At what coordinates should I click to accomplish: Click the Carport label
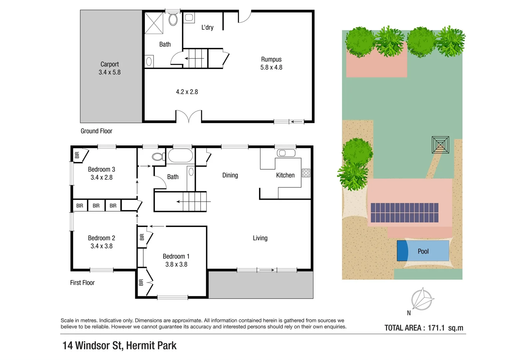click(110, 64)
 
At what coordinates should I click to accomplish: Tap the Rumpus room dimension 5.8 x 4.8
click(271, 67)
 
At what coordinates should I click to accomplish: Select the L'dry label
click(207, 28)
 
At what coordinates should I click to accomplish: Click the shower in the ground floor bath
click(154, 23)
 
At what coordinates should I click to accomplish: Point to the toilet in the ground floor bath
click(173, 19)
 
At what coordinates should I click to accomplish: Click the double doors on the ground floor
click(189, 117)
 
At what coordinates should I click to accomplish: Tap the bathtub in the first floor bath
click(180, 156)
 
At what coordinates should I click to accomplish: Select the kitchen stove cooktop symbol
click(306, 173)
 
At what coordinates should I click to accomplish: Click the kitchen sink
click(286, 153)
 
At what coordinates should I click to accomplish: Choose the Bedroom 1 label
click(176, 256)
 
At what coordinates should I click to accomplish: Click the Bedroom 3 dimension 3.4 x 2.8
click(102, 178)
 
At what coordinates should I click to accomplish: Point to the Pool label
click(423, 251)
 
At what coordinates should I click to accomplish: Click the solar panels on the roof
click(404, 213)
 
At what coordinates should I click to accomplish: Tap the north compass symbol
click(422, 299)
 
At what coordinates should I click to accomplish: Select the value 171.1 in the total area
click(436, 328)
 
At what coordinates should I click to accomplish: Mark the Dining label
click(230, 175)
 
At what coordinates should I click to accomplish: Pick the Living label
click(260, 238)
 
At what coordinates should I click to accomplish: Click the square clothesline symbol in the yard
click(440, 145)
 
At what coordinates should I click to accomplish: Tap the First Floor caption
click(82, 283)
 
